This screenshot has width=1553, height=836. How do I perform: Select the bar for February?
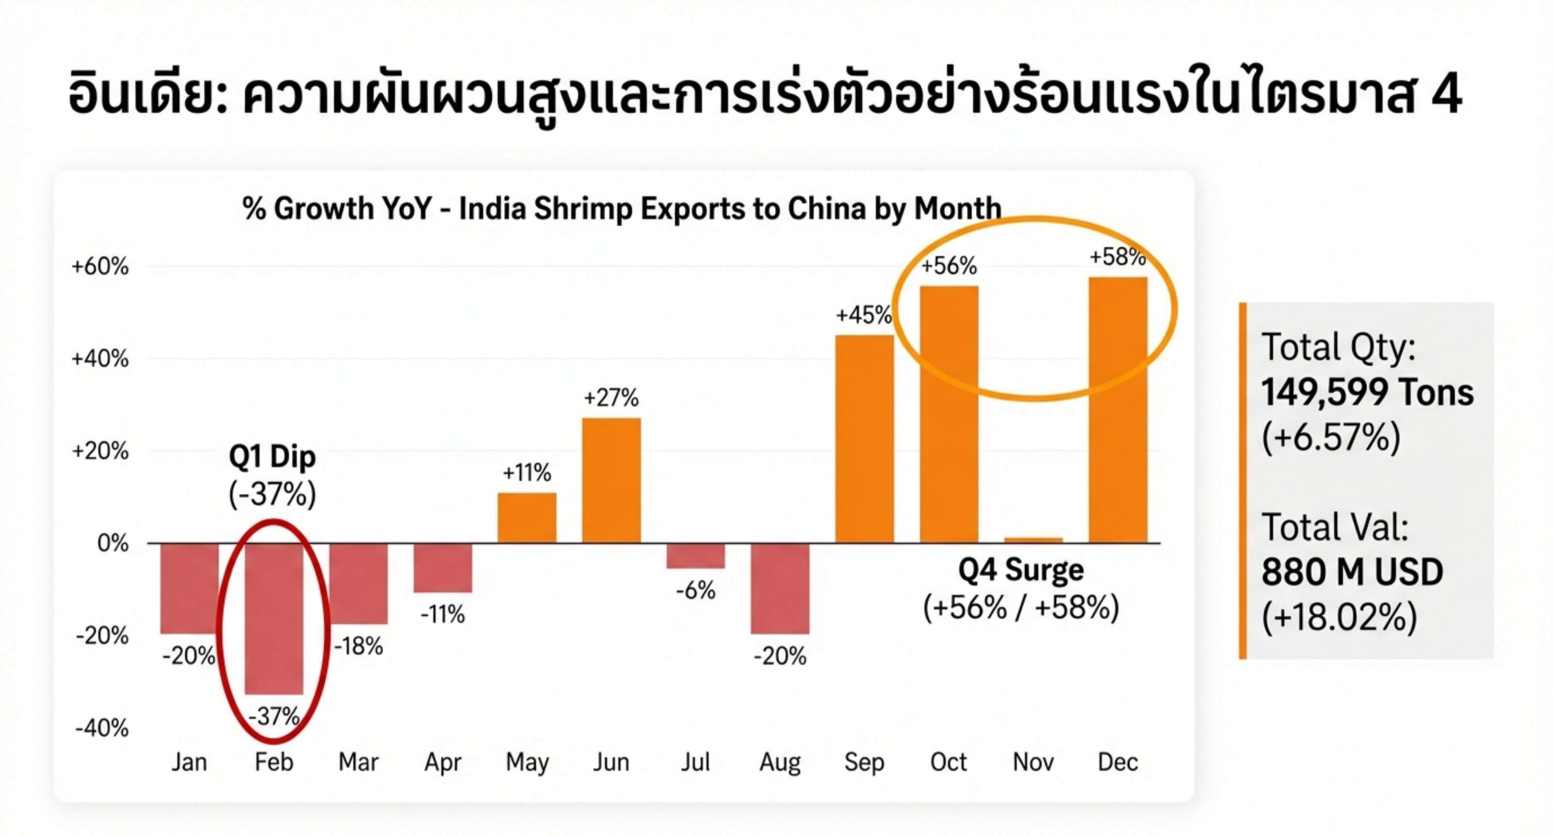(274, 618)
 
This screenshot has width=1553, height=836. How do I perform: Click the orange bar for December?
(1117, 410)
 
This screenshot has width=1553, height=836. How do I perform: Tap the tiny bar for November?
(1033, 540)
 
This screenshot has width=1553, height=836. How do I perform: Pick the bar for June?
(611, 480)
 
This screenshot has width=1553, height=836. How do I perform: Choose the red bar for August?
(779, 588)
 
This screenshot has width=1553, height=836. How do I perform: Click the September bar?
(864, 439)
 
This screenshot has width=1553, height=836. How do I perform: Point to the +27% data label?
(611, 398)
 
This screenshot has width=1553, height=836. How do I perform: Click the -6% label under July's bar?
(696, 590)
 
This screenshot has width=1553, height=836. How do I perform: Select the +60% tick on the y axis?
(100, 266)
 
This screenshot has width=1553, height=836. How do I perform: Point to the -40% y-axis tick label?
(101, 728)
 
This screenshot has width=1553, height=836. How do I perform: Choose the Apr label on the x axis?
(443, 762)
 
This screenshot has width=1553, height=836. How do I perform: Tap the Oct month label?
(948, 762)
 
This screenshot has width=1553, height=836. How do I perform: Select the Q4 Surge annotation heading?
(1021, 570)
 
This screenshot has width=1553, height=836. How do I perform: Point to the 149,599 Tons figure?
(1367, 393)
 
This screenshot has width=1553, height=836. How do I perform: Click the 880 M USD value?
(1352, 572)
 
